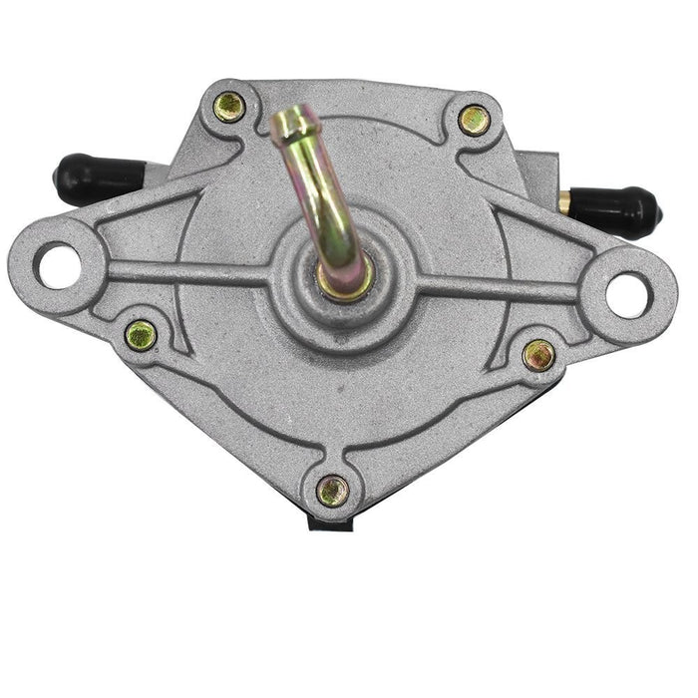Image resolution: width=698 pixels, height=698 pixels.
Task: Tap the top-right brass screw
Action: (x=474, y=119)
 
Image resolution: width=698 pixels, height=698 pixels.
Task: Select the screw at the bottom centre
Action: (x=332, y=489)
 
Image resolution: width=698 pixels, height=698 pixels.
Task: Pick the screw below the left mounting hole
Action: (x=141, y=335)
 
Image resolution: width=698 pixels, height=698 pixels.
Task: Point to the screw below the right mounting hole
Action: (x=538, y=353)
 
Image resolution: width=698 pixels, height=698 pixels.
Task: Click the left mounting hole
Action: (x=54, y=264)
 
